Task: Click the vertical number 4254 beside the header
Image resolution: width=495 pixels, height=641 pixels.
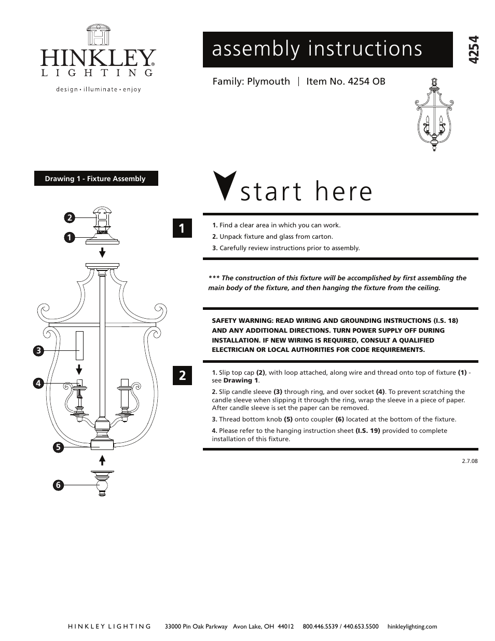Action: pyautogui.click(x=473, y=50)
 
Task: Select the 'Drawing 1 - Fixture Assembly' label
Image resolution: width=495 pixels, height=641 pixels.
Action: pyautogui.click(x=96, y=179)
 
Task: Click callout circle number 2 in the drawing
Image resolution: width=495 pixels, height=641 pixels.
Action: pyautogui.click(x=69, y=217)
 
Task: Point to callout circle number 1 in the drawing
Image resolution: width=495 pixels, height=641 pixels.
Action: pyautogui.click(x=69, y=238)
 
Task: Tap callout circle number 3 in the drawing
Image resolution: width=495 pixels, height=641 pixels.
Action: pyautogui.click(x=38, y=351)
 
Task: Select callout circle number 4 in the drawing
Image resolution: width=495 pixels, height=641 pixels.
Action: pyautogui.click(x=38, y=384)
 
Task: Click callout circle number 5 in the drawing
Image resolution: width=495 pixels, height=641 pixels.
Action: pyautogui.click(x=58, y=447)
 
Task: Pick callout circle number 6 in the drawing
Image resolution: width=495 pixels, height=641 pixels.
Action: pyautogui.click(x=58, y=485)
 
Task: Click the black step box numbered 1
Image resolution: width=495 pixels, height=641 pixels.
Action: pyautogui.click(x=182, y=228)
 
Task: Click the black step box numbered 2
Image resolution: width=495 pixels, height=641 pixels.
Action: pyautogui.click(x=182, y=375)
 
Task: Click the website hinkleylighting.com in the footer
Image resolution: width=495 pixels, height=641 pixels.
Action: pyautogui.click(x=412, y=626)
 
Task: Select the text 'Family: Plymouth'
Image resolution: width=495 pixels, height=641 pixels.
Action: pyautogui.click(x=251, y=81)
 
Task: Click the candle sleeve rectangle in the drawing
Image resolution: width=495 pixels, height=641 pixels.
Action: pyautogui.click(x=79, y=346)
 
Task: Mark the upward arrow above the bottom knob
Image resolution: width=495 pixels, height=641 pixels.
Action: pyautogui.click(x=103, y=460)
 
